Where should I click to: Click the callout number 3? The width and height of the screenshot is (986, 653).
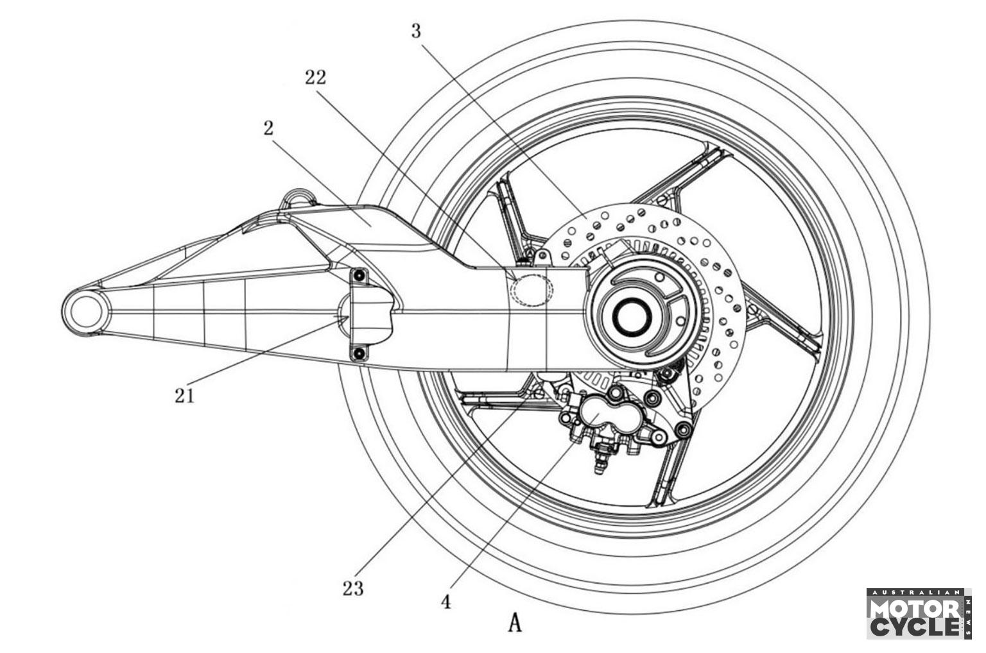pos(416,31)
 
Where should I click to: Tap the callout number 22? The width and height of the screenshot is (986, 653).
pos(316,78)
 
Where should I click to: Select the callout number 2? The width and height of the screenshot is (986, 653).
pos(268,128)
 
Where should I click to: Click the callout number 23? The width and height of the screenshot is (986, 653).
pos(354,588)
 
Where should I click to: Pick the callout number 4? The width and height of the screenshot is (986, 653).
pos(446,602)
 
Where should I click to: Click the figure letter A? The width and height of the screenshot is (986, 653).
pos(515,623)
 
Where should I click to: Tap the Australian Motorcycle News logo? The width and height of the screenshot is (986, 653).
pos(919,614)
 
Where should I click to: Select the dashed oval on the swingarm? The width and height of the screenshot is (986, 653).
pos(531,290)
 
